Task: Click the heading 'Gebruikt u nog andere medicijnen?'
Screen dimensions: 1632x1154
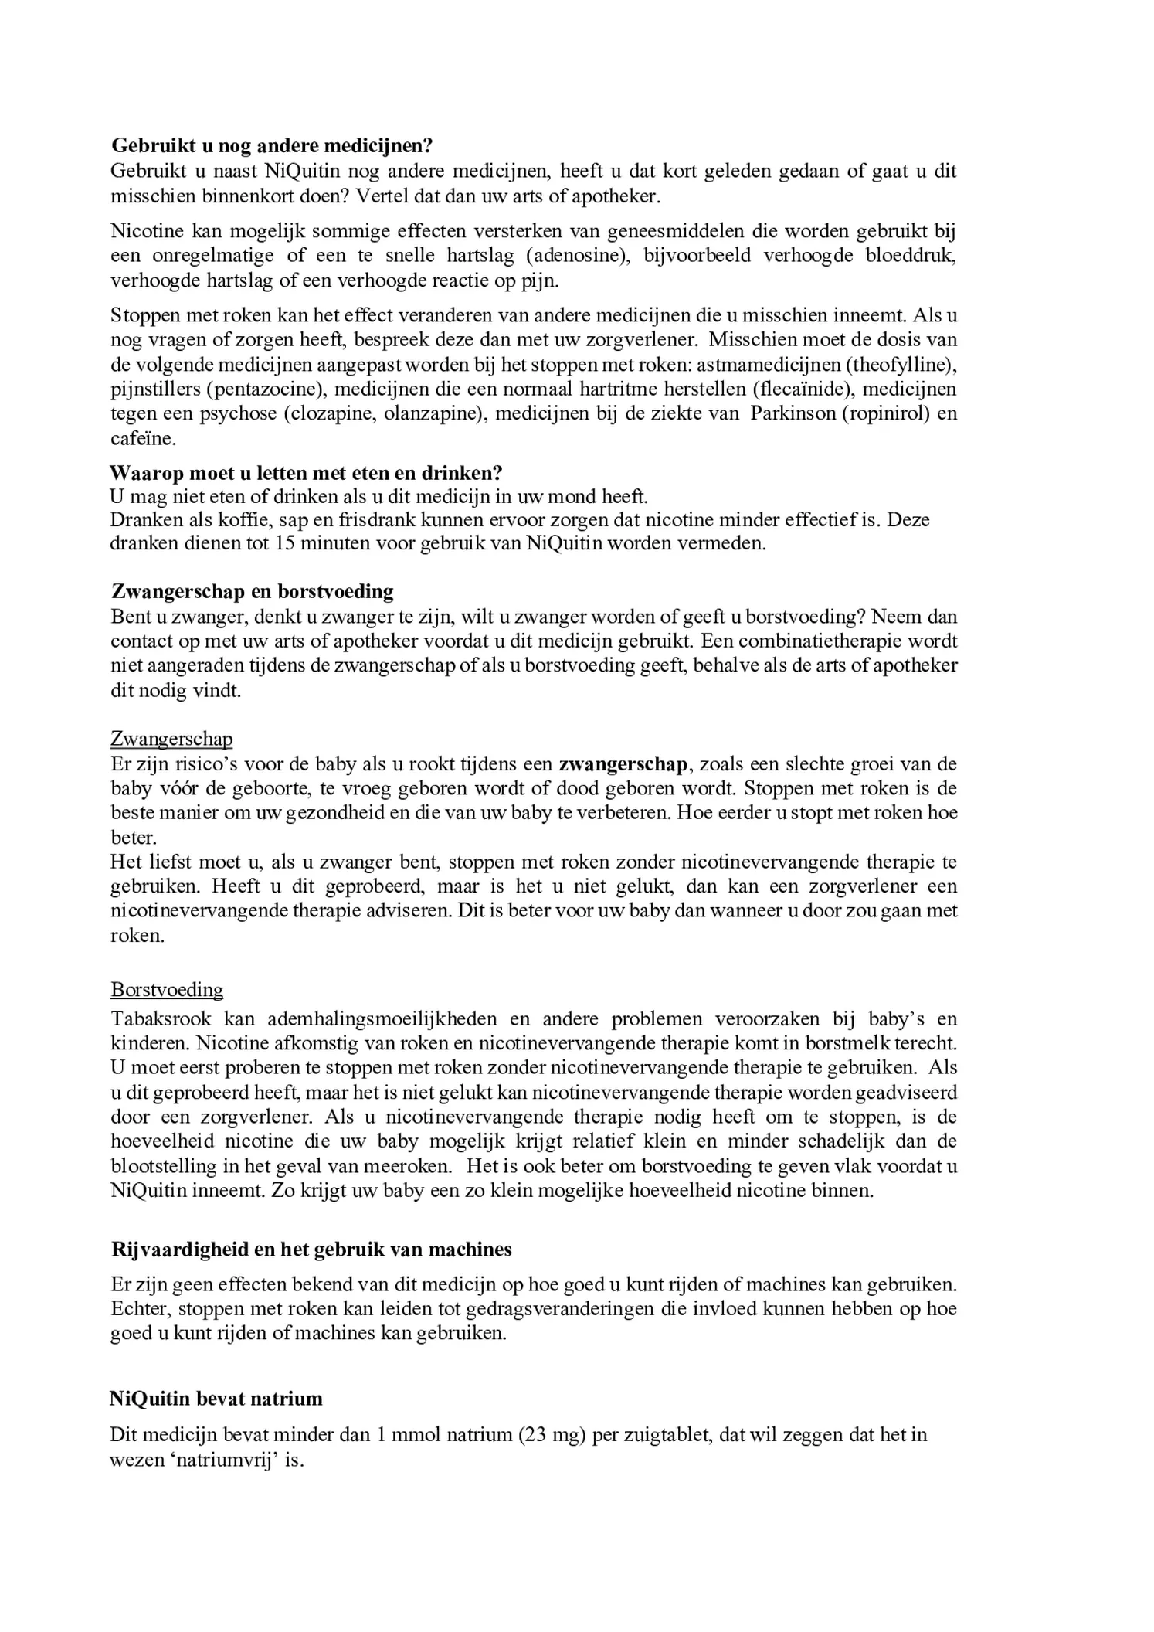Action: pyautogui.click(x=272, y=145)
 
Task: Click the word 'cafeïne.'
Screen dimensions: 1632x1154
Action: pyautogui.click(x=144, y=438)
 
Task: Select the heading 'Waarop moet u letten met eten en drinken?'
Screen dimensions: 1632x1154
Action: pyautogui.click(x=306, y=473)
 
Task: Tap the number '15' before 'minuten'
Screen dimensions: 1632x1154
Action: pyautogui.click(x=283, y=543)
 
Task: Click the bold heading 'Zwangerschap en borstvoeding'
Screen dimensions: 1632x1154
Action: pyautogui.click(x=253, y=592)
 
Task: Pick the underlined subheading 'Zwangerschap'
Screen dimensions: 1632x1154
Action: pyautogui.click(x=171, y=739)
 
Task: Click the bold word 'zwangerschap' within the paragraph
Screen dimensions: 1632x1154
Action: pyautogui.click(x=623, y=764)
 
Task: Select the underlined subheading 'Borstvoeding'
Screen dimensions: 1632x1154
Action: pyautogui.click(x=167, y=990)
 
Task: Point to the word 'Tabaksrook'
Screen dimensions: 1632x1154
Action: pyautogui.click(x=161, y=1019)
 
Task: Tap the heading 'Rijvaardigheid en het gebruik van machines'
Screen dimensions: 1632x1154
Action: pyautogui.click(x=311, y=1249)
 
